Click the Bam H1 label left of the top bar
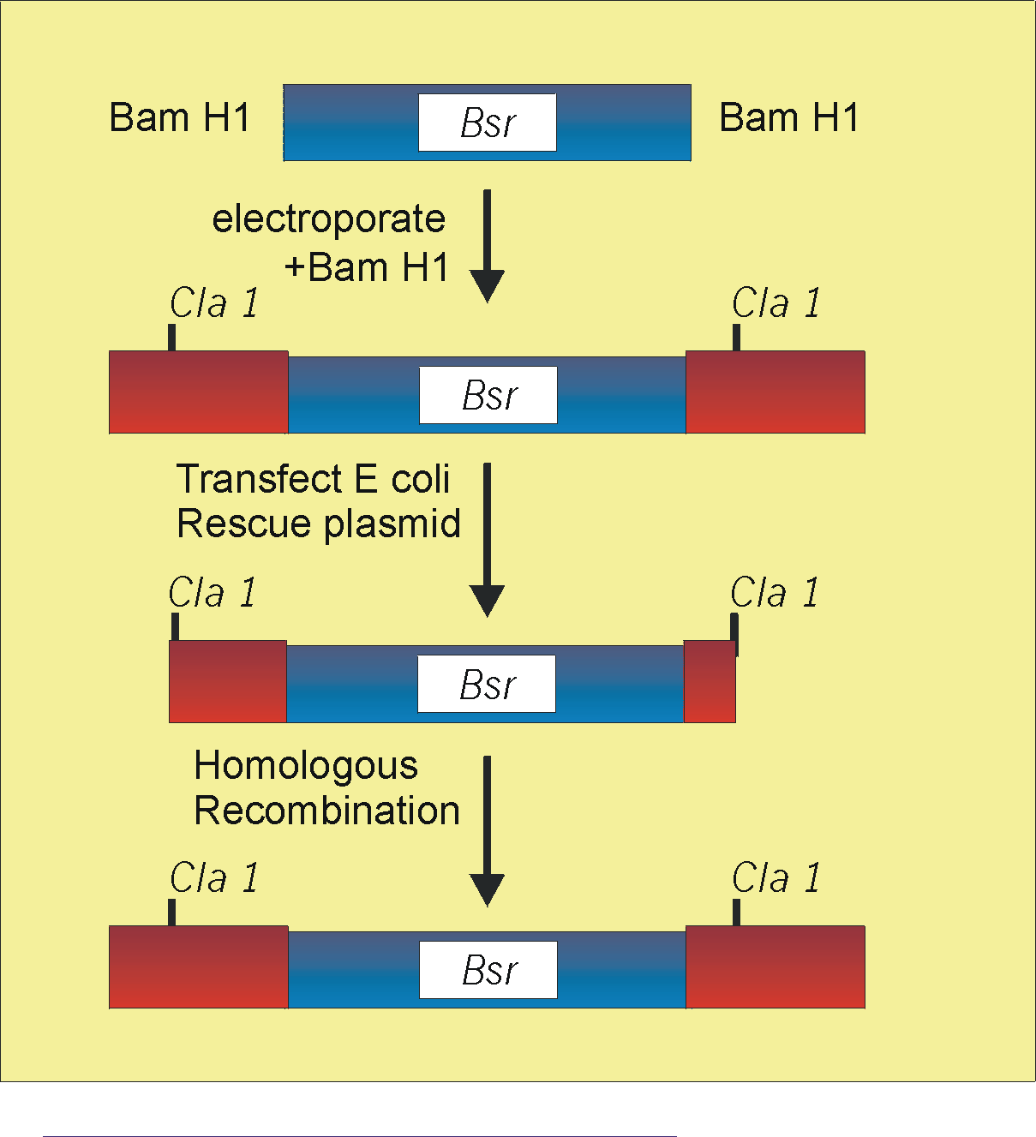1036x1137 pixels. tap(179, 117)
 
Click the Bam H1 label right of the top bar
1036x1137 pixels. tap(788, 117)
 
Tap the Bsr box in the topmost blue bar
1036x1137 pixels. tap(487, 123)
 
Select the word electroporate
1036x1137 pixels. tap(328, 219)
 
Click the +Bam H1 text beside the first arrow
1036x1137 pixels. tap(367, 266)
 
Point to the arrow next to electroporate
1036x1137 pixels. tap(487, 246)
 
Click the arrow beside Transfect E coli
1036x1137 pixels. tap(487, 540)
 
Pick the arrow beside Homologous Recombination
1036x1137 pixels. tap(487, 831)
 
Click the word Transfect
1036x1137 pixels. tap(259, 479)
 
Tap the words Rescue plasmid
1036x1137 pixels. tap(319, 524)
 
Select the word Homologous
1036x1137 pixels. tap(306, 767)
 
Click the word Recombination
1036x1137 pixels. tap(326, 811)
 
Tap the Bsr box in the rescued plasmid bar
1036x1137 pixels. tap(487, 684)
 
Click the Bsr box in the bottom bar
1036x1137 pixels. tap(488, 970)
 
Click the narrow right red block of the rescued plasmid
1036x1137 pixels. tap(710, 681)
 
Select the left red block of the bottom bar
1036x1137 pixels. tap(199, 967)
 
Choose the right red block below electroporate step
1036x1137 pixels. tap(776, 392)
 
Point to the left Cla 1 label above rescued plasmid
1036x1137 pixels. tap(212, 592)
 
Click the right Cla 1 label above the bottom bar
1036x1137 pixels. tap(776, 878)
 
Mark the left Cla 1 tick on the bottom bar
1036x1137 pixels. tap(172, 912)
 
